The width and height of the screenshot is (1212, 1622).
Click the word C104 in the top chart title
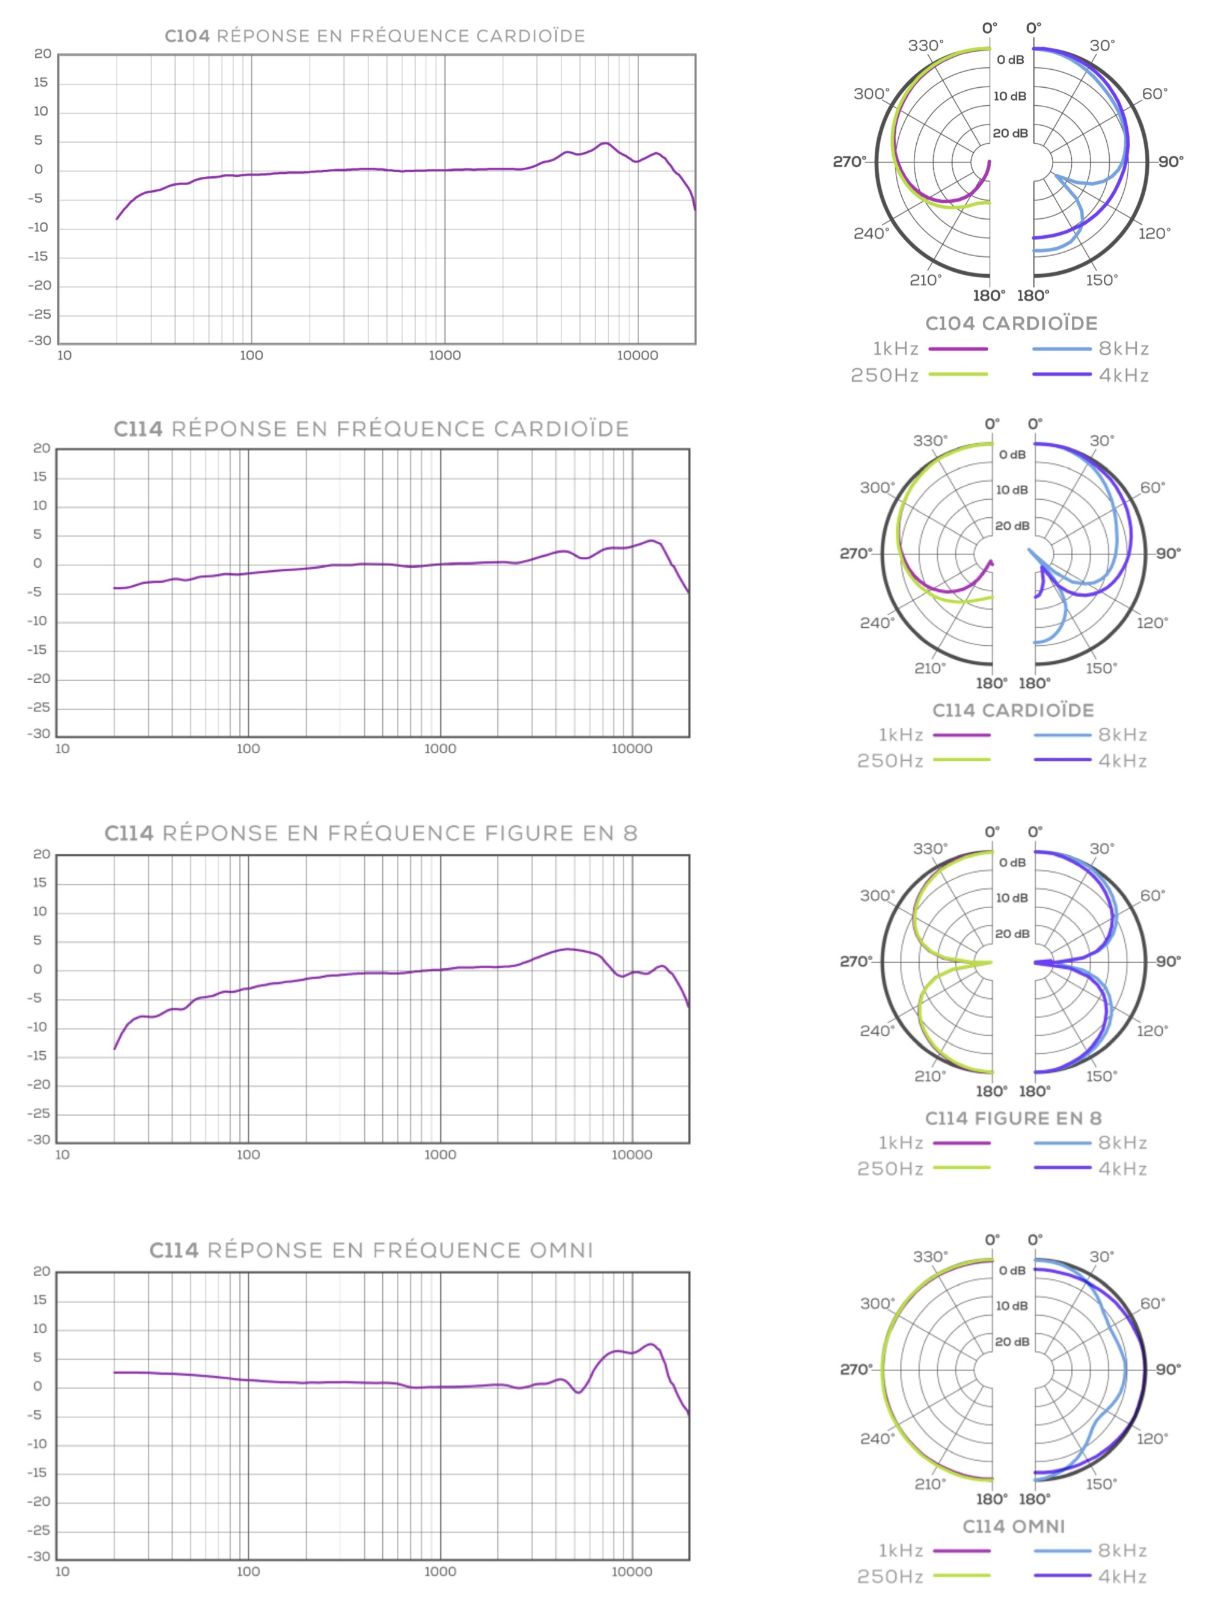tap(187, 36)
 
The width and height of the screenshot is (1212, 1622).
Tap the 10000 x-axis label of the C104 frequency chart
tap(637, 355)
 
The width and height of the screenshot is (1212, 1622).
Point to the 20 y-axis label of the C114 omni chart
tap(42, 1271)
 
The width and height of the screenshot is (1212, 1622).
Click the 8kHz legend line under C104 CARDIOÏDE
tap(1061, 349)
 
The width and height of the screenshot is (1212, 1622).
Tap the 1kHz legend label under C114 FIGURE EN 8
tap(901, 1143)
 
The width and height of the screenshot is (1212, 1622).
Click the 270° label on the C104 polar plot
tap(849, 161)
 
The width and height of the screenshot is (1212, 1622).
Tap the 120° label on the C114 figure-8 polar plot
tap(1152, 1030)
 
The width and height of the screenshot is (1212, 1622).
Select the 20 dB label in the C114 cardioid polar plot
tap(1012, 526)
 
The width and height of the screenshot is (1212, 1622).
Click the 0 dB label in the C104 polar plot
tap(1011, 60)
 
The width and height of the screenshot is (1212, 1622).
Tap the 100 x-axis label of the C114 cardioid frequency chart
tap(248, 749)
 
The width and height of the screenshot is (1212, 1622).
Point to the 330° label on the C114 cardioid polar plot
tap(929, 441)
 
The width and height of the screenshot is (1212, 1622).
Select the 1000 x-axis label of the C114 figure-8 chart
tap(440, 1154)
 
